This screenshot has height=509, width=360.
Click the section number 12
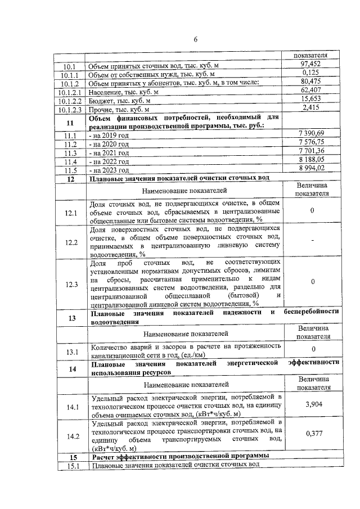[70, 179]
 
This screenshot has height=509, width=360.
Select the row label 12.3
[71, 285]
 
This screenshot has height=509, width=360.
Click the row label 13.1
[71, 353]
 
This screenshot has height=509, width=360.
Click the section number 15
[71, 456]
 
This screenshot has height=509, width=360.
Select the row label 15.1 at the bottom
[71, 466]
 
